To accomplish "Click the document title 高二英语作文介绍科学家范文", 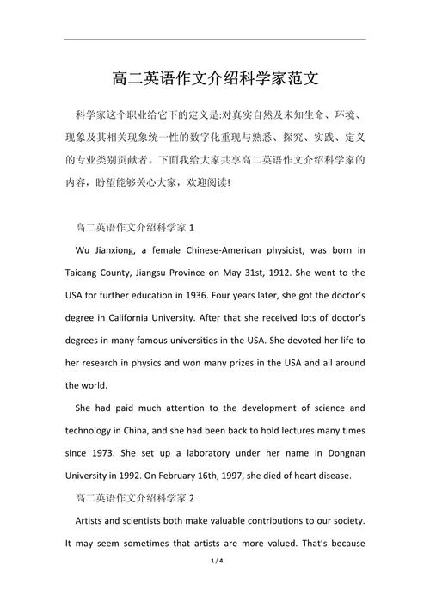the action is pyautogui.click(x=215, y=79).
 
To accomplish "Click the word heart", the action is pyautogui.click(x=330, y=474).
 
